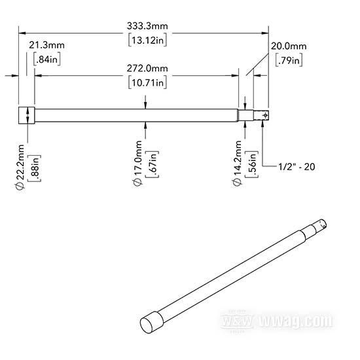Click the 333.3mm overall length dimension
pyautogui.click(x=147, y=26)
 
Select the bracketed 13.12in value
pyautogui.click(x=147, y=41)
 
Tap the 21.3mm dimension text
pyautogui.click(x=46, y=45)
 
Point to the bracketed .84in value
pyautogui.click(x=47, y=60)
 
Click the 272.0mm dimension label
pyautogui.click(x=147, y=69)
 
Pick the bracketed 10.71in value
pyautogui.click(x=147, y=82)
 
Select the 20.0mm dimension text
pyautogui.click(x=289, y=46)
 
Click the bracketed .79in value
pyautogui.click(x=289, y=60)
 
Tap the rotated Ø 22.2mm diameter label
pyautogui.click(x=20, y=167)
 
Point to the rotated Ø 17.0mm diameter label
pyautogui.click(x=137, y=164)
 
